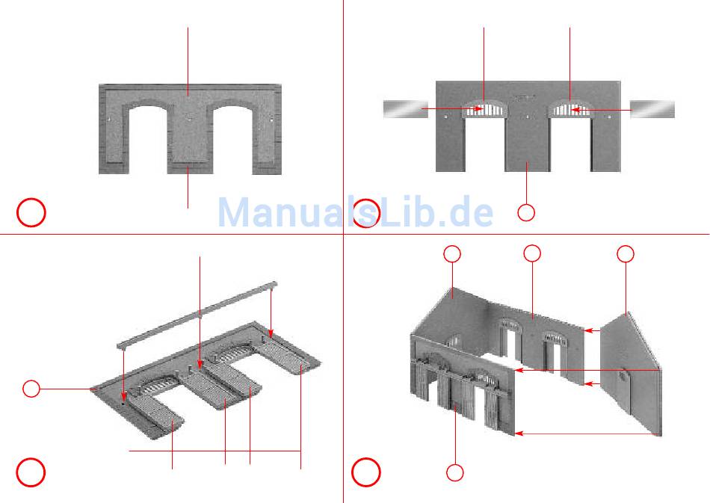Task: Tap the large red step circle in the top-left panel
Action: [31, 213]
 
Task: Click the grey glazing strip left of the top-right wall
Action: [405, 109]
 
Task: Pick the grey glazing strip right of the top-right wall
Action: [652, 109]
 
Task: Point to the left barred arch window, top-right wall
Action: [484, 110]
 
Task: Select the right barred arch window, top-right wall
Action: [570, 110]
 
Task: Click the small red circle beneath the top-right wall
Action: [526, 213]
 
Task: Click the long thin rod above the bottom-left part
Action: [197, 313]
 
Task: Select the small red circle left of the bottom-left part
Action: [31, 389]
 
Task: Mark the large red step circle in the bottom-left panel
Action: [31, 472]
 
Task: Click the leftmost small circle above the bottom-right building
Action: [452, 254]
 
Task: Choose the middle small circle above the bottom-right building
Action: [532, 254]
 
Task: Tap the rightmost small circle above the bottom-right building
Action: [626, 254]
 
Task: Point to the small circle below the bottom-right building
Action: [454, 472]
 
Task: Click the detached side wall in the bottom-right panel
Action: [632, 374]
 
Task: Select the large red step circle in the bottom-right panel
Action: [366, 472]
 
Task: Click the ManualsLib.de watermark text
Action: [356, 213]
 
